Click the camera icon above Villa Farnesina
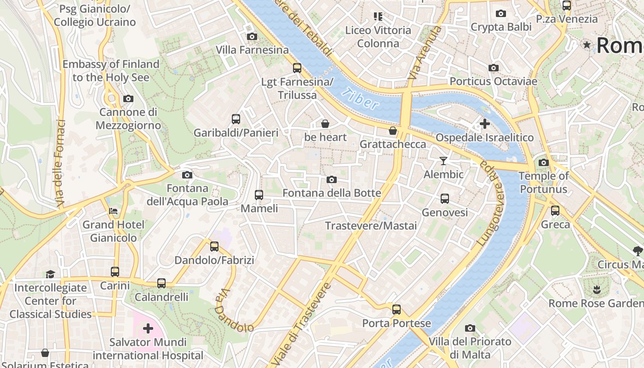click(x=252, y=36)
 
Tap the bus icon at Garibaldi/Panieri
click(x=236, y=119)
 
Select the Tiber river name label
click(x=361, y=98)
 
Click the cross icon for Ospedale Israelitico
click(x=484, y=124)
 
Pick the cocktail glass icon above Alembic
click(x=443, y=161)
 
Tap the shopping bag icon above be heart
click(x=325, y=123)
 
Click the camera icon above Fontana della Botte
click(x=331, y=179)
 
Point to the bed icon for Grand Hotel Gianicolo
click(x=113, y=211)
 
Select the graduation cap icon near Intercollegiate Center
click(x=50, y=274)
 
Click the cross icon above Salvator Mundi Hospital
click(x=148, y=328)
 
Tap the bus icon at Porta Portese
click(x=397, y=310)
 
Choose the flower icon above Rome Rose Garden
click(x=597, y=289)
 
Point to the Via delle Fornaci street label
click(x=59, y=163)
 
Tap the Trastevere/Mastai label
click(x=371, y=226)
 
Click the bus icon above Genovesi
click(x=445, y=199)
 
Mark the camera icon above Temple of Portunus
click(x=543, y=162)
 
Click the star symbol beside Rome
click(x=587, y=45)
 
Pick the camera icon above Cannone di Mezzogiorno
click(x=128, y=98)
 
